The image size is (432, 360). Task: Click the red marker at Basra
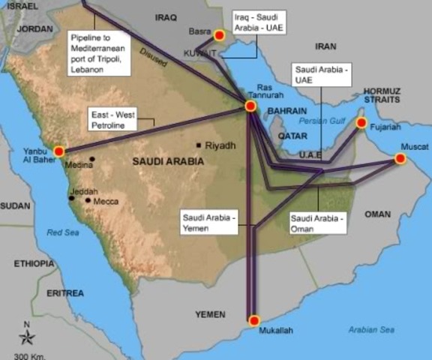click(x=219, y=35)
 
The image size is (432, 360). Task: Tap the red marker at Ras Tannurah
click(x=250, y=106)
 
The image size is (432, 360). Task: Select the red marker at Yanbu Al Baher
click(x=59, y=151)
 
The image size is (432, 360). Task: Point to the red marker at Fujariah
click(x=361, y=122)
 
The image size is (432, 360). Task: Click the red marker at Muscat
click(x=400, y=159)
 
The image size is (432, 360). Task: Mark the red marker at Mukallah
click(x=253, y=319)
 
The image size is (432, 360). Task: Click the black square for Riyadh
click(x=199, y=145)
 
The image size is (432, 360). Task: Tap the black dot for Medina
click(x=92, y=158)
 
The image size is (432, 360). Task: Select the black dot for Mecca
click(x=88, y=200)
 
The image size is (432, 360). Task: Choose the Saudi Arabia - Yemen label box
click(x=209, y=223)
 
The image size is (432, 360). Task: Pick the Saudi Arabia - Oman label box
click(x=317, y=223)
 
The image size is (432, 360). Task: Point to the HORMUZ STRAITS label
click(x=383, y=95)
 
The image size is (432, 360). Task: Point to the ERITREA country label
click(x=64, y=293)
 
